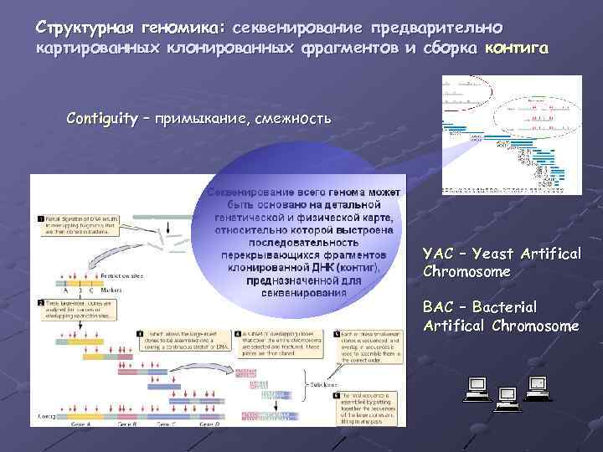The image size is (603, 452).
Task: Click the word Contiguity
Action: tap(102, 118)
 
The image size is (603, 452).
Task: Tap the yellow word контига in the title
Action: tap(517, 47)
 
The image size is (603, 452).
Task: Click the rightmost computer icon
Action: tap(537, 386)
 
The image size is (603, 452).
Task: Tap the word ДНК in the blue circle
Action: tap(323, 267)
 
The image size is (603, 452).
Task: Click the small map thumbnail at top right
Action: tap(511, 134)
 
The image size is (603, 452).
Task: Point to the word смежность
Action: tap(293, 118)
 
